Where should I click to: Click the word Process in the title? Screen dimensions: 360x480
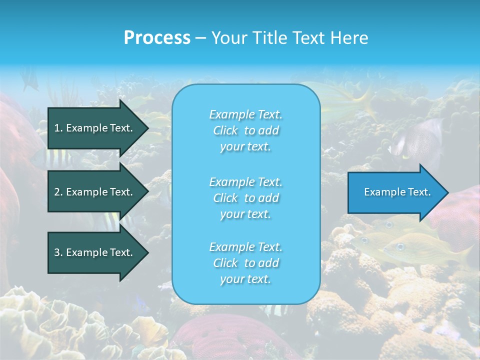[x=157, y=38]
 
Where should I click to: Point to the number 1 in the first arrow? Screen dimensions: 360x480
[x=57, y=128]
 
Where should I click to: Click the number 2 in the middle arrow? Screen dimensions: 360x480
[x=57, y=192]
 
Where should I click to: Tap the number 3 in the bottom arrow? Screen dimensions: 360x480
[x=57, y=252]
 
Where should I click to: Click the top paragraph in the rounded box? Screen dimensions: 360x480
[x=245, y=130]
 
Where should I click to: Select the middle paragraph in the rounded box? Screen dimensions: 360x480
[x=245, y=198]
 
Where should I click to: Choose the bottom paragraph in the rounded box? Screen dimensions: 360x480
[x=245, y=263]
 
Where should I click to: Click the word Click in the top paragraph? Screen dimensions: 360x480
[x=225, y=130]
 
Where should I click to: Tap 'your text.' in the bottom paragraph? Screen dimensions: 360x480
[x=245, y=279]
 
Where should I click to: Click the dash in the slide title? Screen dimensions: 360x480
[x=200, y=38]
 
